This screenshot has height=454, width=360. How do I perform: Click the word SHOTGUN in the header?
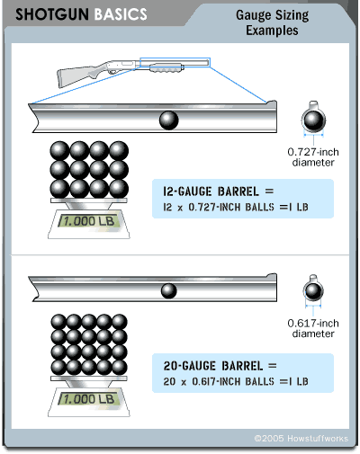(52, 14)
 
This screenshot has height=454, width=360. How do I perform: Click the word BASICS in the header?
(121, 14)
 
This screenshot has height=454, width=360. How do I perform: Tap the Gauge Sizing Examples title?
(272, 22)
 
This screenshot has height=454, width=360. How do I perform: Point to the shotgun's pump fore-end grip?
(166, 67)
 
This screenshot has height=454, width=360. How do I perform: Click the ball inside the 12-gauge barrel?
(169, 120)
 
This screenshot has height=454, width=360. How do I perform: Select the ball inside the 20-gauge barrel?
(169, 290)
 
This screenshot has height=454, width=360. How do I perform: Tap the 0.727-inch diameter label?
(313, 157)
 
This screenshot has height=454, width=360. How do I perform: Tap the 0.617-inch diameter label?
(313, 328)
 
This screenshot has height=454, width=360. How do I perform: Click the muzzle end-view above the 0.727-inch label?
(313, 119)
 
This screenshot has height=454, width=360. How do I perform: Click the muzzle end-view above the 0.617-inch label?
(313, 289)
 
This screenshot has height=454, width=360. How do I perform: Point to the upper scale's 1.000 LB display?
(89, 221)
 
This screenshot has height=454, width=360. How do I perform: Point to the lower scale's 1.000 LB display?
(89, 399)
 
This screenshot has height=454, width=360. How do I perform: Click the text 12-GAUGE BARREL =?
(219, 191)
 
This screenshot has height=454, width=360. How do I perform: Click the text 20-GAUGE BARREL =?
(220, 366)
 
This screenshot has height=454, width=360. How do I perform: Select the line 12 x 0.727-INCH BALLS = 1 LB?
(236, 207)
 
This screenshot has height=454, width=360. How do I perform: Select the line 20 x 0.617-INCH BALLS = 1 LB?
(236, 381)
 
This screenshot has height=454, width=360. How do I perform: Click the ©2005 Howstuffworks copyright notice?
(301, 439)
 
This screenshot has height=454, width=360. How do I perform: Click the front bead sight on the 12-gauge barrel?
(272, 102)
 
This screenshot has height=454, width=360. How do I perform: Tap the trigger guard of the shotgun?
(112, 72)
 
